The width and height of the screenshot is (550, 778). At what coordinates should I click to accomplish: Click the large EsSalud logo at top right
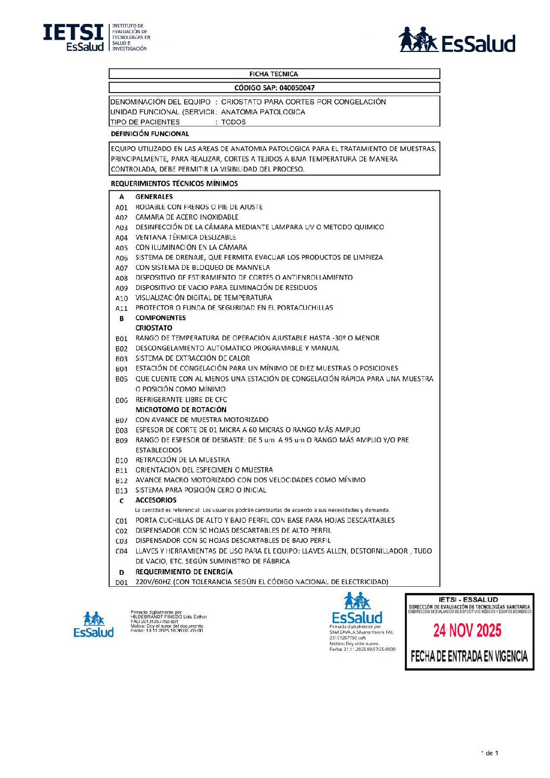(x=457, y=40)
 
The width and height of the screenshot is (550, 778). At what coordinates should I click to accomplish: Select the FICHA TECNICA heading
(x=273, y=74)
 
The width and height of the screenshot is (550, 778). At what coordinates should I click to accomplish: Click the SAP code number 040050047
(x=297, y=88)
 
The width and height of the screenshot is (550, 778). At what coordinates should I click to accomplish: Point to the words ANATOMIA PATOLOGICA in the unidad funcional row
(x=263, y=112)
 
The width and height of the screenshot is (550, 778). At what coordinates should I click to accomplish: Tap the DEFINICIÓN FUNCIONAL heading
(x=150, y=134)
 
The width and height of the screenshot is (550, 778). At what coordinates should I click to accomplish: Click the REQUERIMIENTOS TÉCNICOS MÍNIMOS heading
(x=174, y=183)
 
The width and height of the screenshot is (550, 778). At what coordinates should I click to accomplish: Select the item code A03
(x=122, y=228)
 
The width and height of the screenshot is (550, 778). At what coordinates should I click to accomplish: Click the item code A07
(x=122, y=268)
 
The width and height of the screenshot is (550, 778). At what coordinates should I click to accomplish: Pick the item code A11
(x=122, y=308)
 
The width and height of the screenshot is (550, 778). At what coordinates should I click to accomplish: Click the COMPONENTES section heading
(x=161, y=318)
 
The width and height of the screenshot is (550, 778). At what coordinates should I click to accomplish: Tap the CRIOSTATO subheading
(x=154, y=328)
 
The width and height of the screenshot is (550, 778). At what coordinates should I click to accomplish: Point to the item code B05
(x=122, y=379)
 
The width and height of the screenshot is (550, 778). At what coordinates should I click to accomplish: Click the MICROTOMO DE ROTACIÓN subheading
(x=181, y=410)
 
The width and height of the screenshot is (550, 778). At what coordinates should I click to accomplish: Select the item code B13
(x=122, y=491)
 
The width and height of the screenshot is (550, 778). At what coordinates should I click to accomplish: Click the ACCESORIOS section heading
(x=156, y=500)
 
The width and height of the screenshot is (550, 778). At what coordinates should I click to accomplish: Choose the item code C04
(x=122, y=551)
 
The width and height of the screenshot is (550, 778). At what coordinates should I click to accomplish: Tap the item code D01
(x=122, y=583)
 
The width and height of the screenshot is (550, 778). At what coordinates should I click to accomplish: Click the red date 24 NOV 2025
(x=467, y=630)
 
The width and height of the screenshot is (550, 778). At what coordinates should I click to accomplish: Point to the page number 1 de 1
(x=489, y=753)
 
